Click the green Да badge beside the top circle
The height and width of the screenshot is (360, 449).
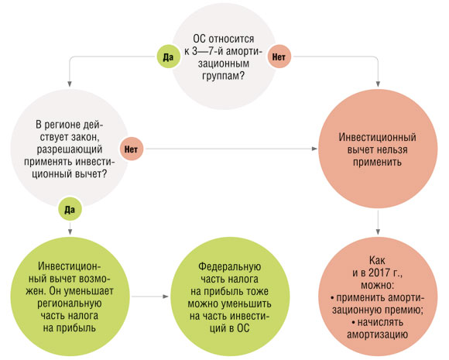point(169,57)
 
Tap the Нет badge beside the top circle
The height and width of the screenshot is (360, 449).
point(279,57)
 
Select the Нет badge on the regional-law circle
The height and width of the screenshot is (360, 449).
point(131,149)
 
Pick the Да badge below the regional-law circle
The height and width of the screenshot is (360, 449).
point(70,209)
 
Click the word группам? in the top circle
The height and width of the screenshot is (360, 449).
point(224,76)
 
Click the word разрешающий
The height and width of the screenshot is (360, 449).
point(70,149)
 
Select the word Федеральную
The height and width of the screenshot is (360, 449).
point(230,266)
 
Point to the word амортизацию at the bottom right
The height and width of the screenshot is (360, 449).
point(378,334)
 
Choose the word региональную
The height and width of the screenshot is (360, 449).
point(70,303)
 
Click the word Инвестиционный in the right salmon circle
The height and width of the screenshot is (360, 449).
point(378,137)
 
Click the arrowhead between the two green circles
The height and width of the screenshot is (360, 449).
point(166,297)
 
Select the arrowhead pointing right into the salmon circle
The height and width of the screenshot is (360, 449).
point(314,149)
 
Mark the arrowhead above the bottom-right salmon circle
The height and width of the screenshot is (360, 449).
point(378,231)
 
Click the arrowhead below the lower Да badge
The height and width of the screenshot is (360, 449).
point(70,231)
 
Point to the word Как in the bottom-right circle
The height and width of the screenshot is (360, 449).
point(378,260)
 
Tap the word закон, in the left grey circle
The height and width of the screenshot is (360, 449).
point(84,138)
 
